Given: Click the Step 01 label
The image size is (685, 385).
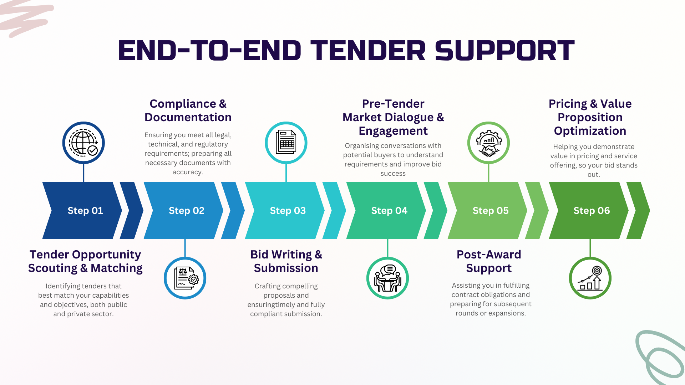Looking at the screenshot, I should click(85, 211).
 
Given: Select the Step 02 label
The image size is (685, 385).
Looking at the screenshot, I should click(187, 211).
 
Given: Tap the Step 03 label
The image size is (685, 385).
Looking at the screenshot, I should click(288, 211).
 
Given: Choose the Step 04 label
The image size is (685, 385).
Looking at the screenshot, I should click(389, 211).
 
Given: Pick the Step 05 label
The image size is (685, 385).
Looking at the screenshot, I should click(491, 211).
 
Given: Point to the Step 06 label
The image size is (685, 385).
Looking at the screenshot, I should click(592, 211).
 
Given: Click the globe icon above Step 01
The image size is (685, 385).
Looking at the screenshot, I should click(83, 143).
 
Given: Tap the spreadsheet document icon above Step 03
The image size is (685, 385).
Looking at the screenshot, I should click(286, 143).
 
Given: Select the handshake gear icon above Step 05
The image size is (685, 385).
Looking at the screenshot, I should click(488, 143).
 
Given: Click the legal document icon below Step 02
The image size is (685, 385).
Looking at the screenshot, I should click(185, 278).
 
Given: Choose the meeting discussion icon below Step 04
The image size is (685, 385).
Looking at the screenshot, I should click(387, 278).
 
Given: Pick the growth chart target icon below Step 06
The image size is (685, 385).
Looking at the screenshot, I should click(590, 278).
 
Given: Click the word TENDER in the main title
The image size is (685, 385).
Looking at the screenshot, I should click(368, 51).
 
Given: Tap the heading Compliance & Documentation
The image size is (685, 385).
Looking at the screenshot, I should click(188, 111).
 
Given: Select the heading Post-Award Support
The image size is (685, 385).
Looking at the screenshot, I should click(489, 261).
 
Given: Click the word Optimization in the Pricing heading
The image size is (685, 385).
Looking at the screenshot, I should click(590, 131).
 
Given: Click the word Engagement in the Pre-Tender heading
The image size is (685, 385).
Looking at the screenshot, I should click(393, 131).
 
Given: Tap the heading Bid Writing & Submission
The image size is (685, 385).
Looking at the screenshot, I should click(286, 261).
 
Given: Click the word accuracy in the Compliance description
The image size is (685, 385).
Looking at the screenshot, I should click(187, 172).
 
